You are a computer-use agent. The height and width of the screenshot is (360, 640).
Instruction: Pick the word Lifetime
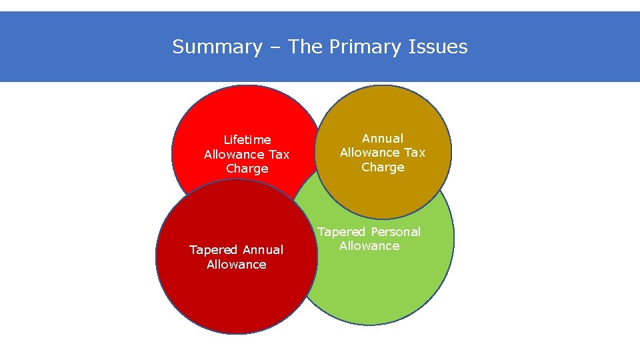coord(247,140)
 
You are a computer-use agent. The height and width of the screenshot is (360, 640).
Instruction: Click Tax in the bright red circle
coord(279,155)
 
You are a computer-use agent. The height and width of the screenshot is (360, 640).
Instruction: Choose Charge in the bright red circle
coord(247,169)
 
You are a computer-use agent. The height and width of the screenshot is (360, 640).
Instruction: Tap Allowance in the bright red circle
coord(233,155)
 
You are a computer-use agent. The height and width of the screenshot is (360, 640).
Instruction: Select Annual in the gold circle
coord(383,139)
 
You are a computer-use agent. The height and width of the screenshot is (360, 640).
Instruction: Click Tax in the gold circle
coord(414,153)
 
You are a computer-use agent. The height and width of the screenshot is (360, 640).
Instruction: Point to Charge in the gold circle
coord(383,167)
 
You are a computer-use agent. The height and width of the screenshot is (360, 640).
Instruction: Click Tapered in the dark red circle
coord(212,250)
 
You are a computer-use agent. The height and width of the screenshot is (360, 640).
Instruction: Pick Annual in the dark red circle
coord(263,250)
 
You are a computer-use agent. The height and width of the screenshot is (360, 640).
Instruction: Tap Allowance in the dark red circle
coord(237,265)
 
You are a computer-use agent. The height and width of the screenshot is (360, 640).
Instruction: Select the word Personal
coord(396,232)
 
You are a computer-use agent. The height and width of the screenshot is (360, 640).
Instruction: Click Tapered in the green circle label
coord(341,232)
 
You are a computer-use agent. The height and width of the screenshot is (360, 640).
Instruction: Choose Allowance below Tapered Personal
coord(369,246)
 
